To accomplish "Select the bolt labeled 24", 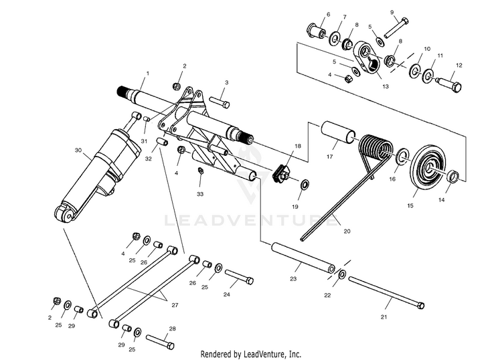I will click(x=238, y=276).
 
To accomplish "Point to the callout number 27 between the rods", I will click(x=175, y=305).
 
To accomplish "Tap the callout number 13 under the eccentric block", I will click(x=384, y=86).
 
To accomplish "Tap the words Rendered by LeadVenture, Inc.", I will click(x=251, y=353).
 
